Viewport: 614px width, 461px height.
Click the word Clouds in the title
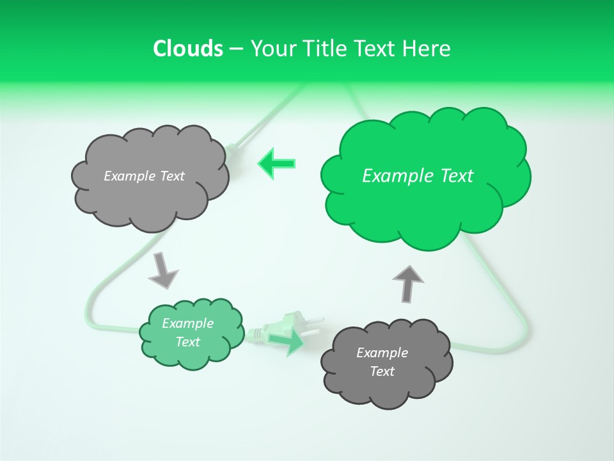click(x=187, y=48)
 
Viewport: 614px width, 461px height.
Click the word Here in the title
click(x=427, y=48)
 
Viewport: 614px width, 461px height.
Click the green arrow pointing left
click(x=277, y=163)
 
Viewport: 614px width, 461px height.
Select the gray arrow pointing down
click(x=162, y=270)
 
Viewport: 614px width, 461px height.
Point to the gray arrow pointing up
click(x=407, y=282)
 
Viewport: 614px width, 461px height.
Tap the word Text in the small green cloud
click(x=188, y=342)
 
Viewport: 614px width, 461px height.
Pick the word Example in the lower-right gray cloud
click(x=382, y=353)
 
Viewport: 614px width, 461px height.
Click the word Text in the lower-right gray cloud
click(x=382, y=371)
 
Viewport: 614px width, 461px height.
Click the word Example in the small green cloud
click(x=188, y=323)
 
